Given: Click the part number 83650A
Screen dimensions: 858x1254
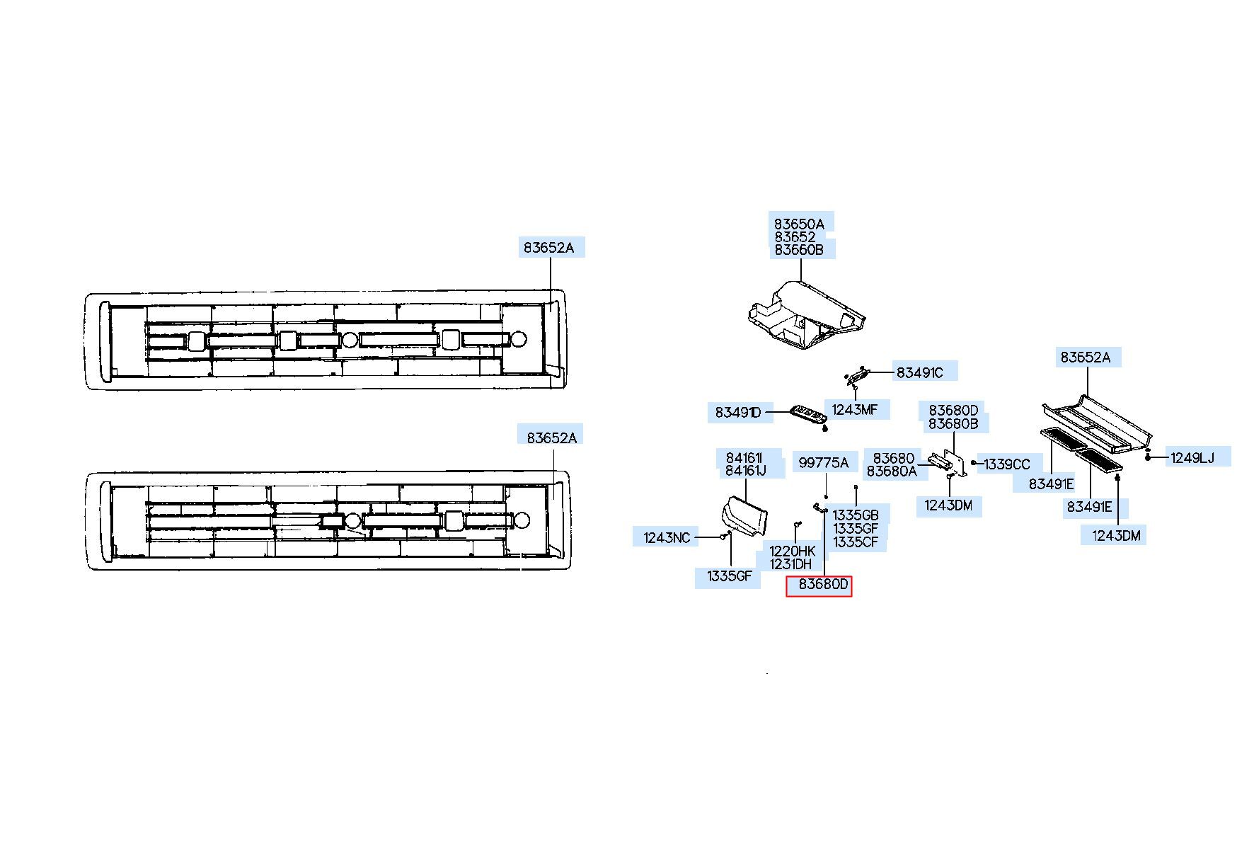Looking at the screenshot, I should click(x=799, y=224).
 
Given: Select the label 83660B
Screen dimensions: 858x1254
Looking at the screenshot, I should click(x=799, y=250).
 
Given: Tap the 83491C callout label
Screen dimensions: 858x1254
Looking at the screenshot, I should click(x=919, y=372).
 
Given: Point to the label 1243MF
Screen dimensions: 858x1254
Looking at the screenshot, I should click(x=854, y=409).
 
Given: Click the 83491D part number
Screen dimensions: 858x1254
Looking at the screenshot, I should click(x=737, y=412).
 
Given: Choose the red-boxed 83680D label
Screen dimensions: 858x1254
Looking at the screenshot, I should click(x=819, y=586).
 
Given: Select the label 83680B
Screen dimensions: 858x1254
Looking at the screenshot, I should click(x=953, y=424).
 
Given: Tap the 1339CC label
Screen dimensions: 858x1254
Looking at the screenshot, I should click(x=1007, y=464).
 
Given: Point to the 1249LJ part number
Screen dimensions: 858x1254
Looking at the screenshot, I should click(x=1192, y=458).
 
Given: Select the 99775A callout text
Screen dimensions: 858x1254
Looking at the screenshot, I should click(x=823, y=463).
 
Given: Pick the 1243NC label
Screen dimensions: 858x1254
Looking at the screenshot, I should click(x=667, y=537).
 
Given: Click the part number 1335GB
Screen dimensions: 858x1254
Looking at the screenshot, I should click(x=856, y=515).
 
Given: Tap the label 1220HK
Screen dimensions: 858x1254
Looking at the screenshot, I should click(x=793, y=551).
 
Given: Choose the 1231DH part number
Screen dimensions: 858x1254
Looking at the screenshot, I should click(x=790, y=564).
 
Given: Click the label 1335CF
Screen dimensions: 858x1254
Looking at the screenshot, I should click(x=856, y=542).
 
